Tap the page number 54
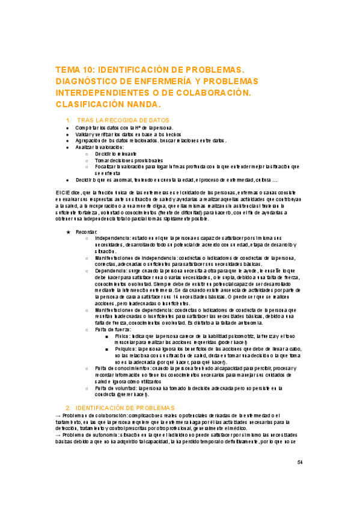tap(301, 462)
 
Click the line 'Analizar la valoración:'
tap(97, 147)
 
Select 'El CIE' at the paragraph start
tap(62, 191)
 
